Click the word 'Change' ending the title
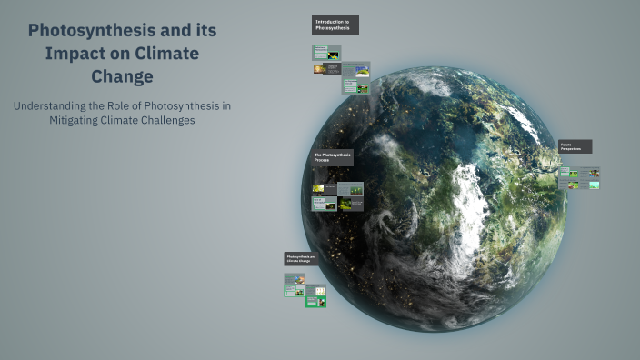click(x=122, y=76)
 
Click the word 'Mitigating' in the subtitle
click(x=79, y=120)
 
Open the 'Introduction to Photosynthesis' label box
click(x=335, y=25)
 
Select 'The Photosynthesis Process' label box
click(x=332, y=157)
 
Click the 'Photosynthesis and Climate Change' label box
click(x=301, y=259)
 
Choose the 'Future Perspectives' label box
click(x=575, y=146)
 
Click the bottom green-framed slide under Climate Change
click(x=315, y=300)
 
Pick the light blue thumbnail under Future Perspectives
click(x=593, y=185)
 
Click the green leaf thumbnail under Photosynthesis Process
click(x=319, y=189)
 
